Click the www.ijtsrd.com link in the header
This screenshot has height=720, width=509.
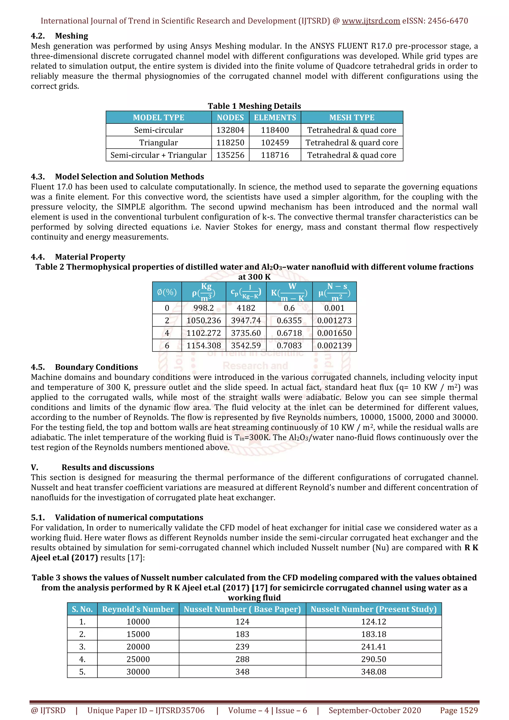(x=371, y=21)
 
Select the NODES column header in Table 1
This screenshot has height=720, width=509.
(x=230, y=118)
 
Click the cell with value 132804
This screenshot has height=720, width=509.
(x=230, y=130)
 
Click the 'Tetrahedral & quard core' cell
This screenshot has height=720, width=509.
(x=352, y=143)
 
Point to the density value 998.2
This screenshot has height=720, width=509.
(x=204, y=308)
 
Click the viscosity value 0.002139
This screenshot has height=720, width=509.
(x=334, y=345)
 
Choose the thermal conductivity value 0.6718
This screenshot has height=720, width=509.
(x=289, y=333)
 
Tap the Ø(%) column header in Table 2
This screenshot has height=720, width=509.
(x=167, y=292)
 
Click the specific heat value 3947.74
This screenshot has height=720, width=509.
(x=246, y=321)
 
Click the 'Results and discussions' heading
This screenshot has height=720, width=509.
(x=108, y=467)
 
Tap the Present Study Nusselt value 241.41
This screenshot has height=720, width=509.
(x=374, y=647)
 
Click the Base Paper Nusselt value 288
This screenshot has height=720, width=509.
(x=242, y=659)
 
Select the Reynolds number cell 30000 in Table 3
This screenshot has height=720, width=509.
(x=138, y=672)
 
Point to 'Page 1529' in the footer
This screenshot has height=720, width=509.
(x=459, y=710)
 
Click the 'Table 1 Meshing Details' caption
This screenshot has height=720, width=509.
(x=254, y=106)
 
